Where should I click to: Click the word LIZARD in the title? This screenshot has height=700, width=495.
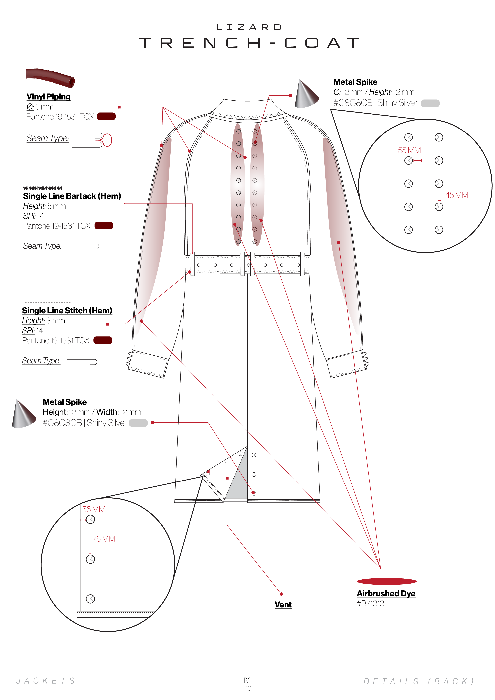coord(249,28)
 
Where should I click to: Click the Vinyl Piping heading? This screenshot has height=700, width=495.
coord(48,97)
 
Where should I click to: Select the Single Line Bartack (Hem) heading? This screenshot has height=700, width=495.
coord(72,196)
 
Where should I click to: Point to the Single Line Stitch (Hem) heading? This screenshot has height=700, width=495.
coord(67,311)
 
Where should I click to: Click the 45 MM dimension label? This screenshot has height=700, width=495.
coord(456,195)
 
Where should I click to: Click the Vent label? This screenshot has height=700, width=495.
coord(283,605)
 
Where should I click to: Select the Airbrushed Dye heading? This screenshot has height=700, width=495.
coord(386,594)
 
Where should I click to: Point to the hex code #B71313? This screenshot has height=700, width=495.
coord(370,604)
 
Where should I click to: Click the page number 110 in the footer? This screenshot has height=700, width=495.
coord(247,688)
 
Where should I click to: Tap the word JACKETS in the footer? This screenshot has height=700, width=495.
coord(46,681)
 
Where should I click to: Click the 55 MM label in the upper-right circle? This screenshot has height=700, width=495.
coord(409,150)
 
